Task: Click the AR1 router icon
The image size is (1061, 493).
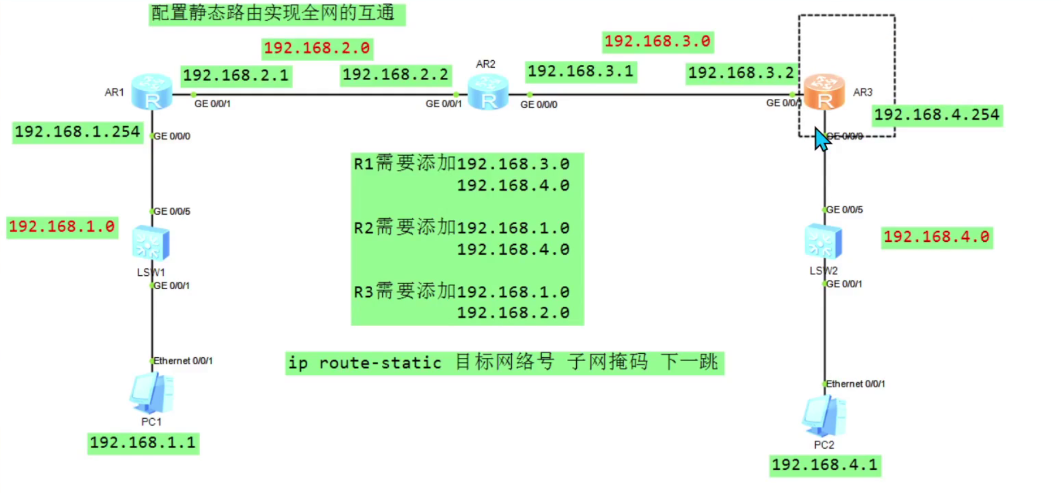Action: (152, 92)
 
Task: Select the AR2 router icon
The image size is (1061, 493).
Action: (488, 93)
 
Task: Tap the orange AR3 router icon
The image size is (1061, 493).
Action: (824, 92)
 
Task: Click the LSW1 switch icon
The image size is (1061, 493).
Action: (151, 242)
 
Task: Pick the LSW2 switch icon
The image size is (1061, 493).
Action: (823, 241)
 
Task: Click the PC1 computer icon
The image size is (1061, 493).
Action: (152, 393)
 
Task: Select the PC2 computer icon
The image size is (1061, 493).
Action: (824, 416)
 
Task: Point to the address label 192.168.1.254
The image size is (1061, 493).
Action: (77, 132)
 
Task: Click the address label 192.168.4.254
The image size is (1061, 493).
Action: (937, 115)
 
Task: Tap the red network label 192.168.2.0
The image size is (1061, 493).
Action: (317, 48)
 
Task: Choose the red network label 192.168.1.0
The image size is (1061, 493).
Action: (62, 227)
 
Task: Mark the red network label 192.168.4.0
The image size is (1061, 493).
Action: (937, 238)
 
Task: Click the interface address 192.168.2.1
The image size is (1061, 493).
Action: (236, 75)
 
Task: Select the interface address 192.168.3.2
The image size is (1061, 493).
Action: (741, 73)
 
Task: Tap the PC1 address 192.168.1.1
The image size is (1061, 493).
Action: (143, 443)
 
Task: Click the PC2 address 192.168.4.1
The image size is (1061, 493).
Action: (825, 465)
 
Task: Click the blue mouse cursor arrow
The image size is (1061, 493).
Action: (822, 139)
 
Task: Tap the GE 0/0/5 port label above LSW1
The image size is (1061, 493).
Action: (172, 211)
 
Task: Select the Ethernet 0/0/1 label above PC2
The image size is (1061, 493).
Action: (855, 384)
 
